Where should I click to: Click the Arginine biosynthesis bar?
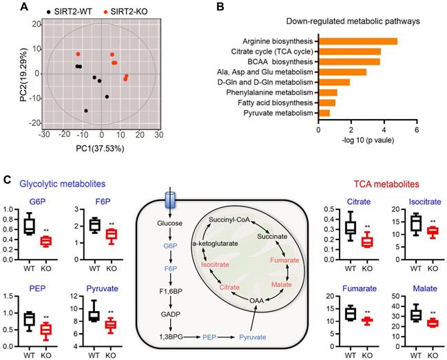tap(357, 41)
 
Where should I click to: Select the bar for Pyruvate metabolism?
tap(324, 112)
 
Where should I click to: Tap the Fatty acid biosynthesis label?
tap(274, 103)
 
